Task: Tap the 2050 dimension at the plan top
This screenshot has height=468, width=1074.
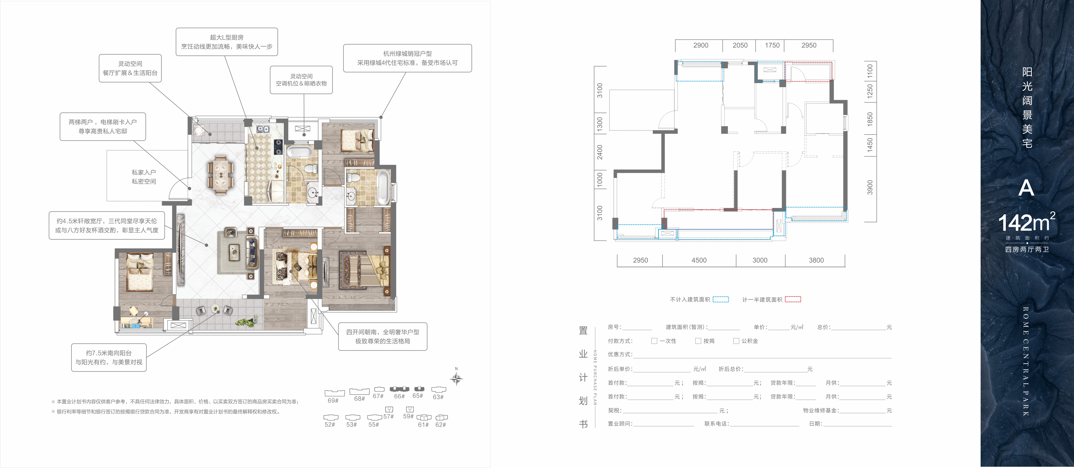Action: click(740, 45)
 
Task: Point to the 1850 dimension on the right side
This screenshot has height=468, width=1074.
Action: click(870, 119)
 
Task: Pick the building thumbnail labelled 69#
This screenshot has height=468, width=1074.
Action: click(334, 393)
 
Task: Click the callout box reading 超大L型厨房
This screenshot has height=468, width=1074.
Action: click(227, 42)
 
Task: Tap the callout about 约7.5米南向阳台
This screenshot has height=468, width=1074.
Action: click(109, 357)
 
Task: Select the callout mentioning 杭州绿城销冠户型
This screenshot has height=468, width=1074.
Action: click(407, 58)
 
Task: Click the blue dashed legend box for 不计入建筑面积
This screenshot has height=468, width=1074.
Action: click(720, 299)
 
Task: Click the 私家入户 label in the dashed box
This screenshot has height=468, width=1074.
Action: click(144, 172)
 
